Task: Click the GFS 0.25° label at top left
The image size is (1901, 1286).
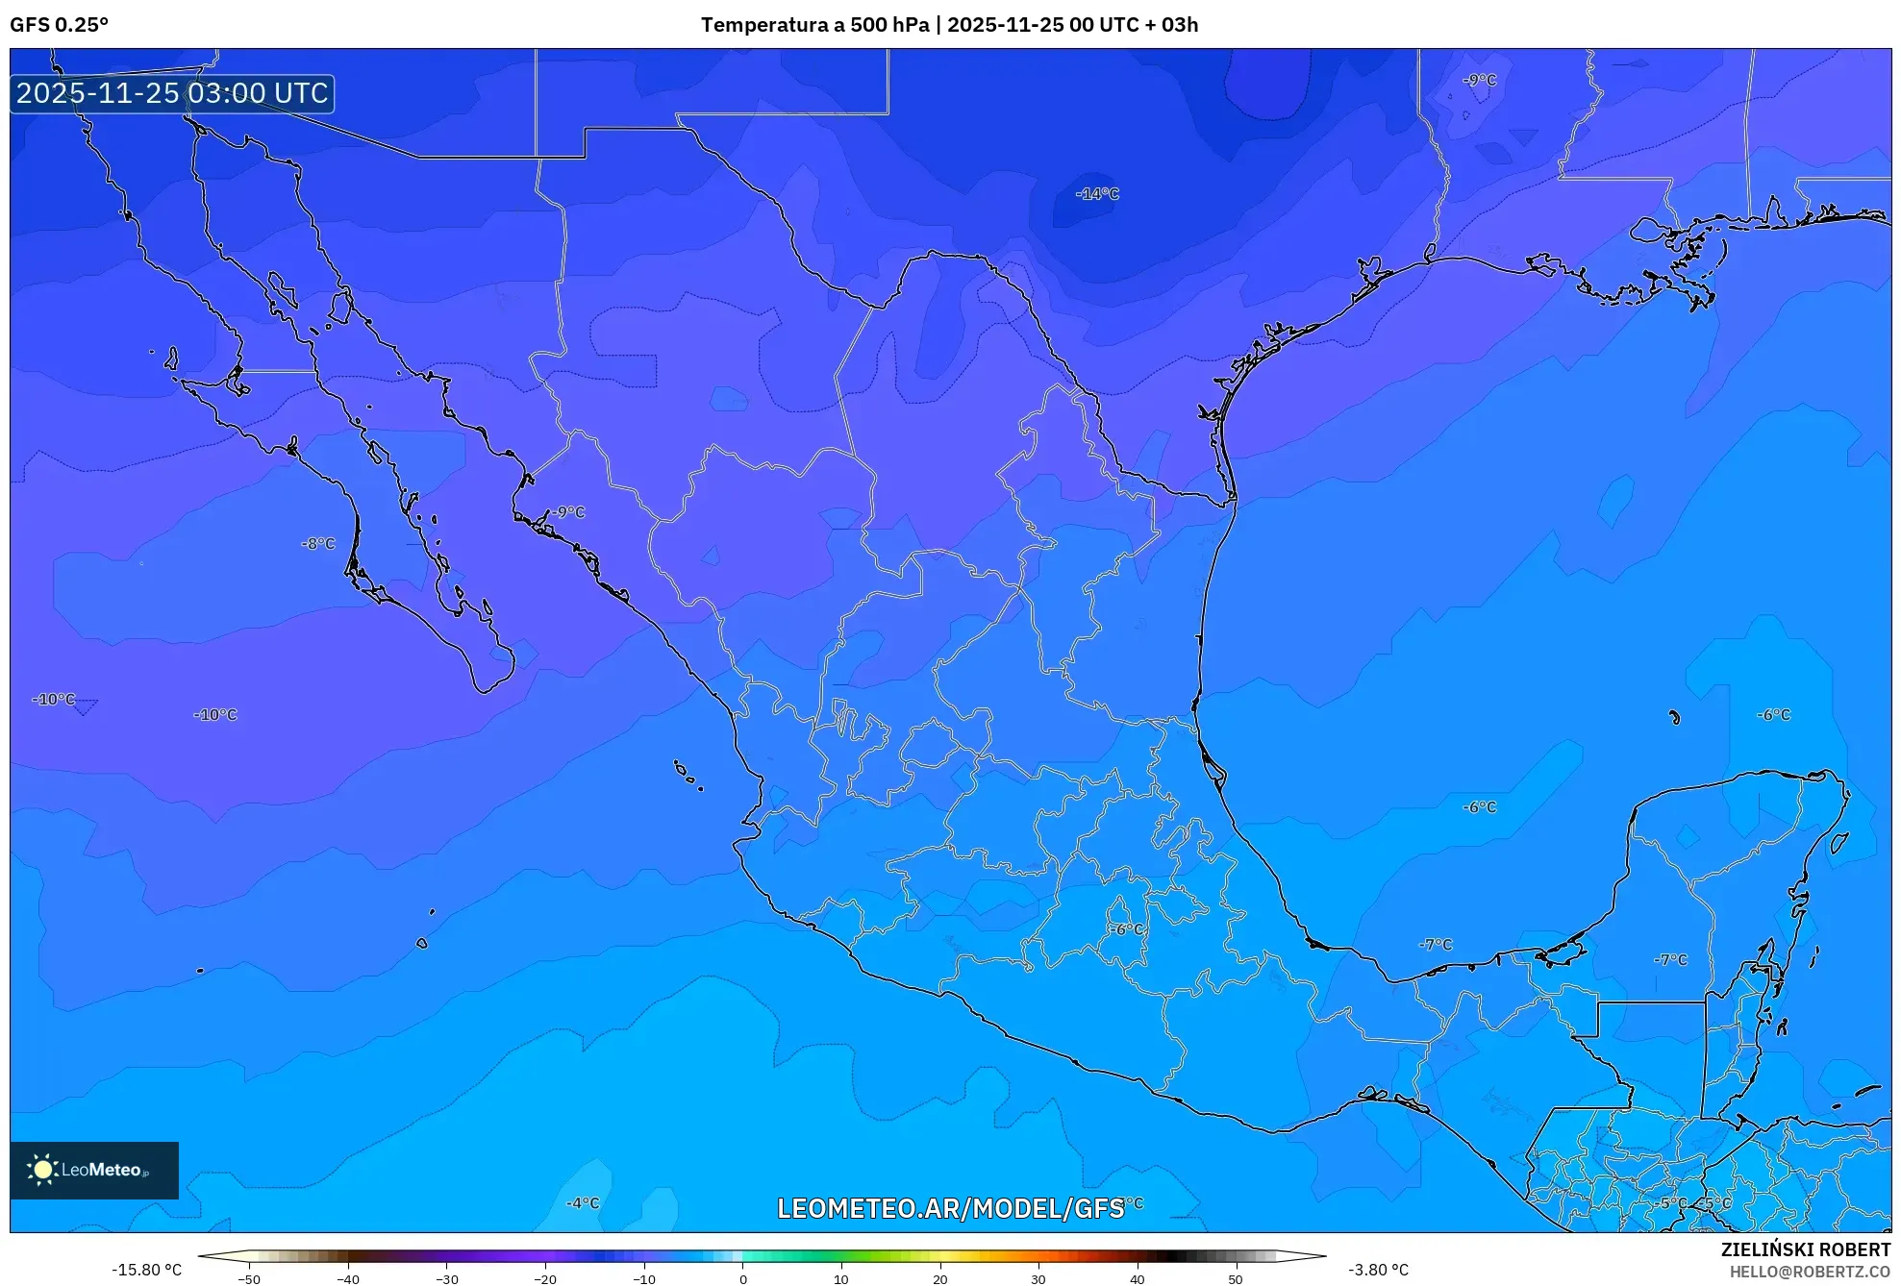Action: tap(59, 25)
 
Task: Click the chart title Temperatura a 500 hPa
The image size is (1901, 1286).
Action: tap(815, 25)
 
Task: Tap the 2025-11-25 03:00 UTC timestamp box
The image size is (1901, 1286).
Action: tap(172, 93)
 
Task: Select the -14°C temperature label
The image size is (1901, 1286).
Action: tap(1097, 194)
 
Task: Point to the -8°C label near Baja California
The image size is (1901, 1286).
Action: tap(318, 544)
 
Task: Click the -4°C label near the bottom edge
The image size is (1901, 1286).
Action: tap(583, 1203)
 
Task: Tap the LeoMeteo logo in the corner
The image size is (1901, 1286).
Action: tap(94, 1170)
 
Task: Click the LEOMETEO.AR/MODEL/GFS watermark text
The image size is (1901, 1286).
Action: tap(950, 1208)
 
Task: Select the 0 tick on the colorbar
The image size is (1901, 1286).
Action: tap(742, 1279)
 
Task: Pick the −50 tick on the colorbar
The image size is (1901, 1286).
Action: tap(249, 1279)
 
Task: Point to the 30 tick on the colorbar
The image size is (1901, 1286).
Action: tap(1038, 1279)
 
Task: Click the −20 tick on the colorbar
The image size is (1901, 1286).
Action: tap(545, 1279)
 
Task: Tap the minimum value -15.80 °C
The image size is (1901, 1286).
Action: tap(146, 1270)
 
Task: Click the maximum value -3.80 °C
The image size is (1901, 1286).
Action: tap(1378, 1270)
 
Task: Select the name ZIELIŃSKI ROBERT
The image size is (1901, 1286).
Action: tap(1805, 1249)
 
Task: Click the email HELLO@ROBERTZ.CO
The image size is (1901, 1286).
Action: tap(1809, 1272)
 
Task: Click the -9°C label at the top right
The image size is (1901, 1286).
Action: tap(1479, 80)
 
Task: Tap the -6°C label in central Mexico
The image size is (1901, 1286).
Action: tap(1126, 929)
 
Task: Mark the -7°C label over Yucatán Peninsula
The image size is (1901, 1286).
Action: tap(1670, 960)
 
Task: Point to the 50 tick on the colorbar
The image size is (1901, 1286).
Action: tap(1236, 1279)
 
